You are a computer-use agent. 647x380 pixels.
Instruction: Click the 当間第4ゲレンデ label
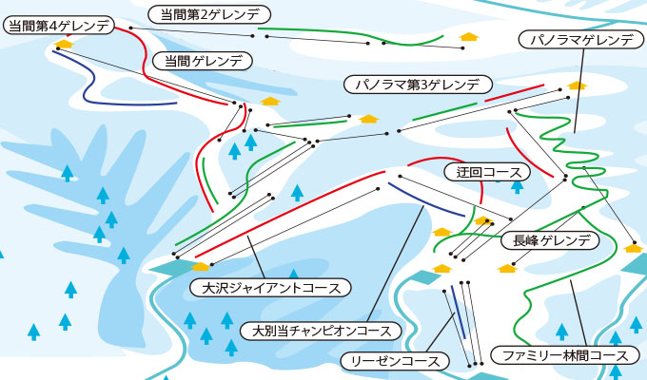pyautogui.click(x=59, y=27)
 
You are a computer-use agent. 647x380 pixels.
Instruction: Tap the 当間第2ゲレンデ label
pyautogui.click(x=209, y=15)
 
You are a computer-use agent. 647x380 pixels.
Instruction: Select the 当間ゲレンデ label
pyautogui.click(x=202, y=62)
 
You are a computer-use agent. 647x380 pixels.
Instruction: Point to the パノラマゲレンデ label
pyautogui.click(x=581, y=40)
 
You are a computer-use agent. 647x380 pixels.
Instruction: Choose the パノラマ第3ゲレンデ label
pyautogui.click(x=418, y=85)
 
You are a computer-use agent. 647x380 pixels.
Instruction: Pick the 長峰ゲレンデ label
pyautogui.click(x=550, y=240)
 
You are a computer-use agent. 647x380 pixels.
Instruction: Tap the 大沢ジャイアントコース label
pyautogui.click(x=270, y=287)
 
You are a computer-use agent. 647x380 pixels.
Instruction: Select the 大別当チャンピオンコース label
pyautogui.click(x=321, y=331)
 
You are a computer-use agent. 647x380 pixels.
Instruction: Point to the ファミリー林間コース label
pyautogui.click(x=565, y=355)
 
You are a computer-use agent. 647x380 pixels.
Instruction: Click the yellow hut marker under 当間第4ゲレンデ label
pyautogui.click(x=64, y=44)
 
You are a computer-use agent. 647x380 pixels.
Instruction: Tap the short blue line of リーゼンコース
pyautogui.click(x=458, y=312)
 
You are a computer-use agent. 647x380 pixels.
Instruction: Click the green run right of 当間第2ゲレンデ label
pyautogui.click(x=351, y=36)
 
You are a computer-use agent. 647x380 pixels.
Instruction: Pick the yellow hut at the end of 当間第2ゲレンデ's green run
pyautogui.click(x=469, y=37)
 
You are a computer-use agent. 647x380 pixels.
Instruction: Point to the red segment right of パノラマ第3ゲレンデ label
pyautogui.click(x=515, y=93)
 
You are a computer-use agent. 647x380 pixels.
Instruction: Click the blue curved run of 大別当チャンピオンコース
pyautogui.click(x=425, y=201)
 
